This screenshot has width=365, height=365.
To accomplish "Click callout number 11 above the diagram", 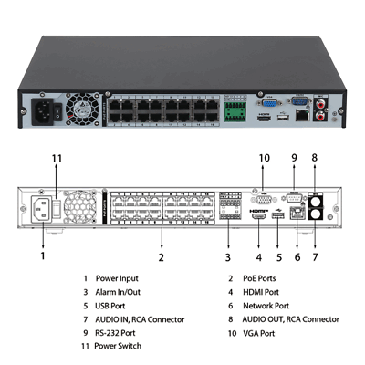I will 57,158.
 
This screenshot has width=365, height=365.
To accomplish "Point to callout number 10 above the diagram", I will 265,158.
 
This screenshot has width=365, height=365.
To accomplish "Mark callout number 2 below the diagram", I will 161,257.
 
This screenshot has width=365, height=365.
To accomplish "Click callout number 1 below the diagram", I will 42,257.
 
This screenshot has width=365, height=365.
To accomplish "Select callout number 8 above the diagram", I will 315,158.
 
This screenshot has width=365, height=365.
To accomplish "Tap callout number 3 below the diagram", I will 227,257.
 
